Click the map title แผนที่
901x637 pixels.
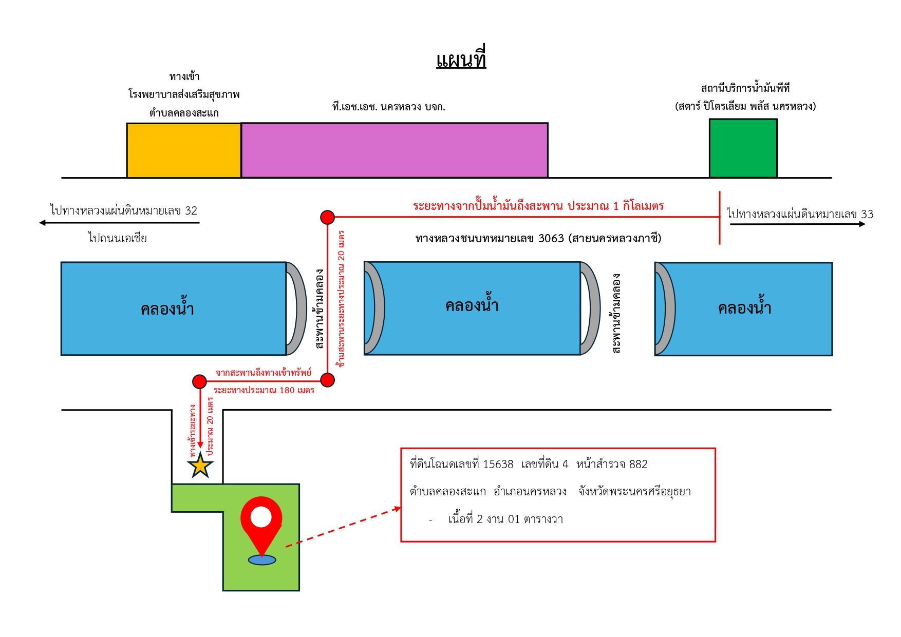(461, 58)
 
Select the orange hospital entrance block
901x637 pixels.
(184, 150)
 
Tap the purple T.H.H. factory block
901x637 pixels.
(395, 150)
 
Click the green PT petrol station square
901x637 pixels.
(743, 148)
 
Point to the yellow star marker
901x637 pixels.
(200, 466)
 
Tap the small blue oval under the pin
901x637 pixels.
(262, 560)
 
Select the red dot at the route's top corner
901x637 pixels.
(327, 217)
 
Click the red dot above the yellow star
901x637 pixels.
(199, 381)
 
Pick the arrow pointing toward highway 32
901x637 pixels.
(119, 223)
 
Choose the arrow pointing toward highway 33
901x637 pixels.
(798, 224)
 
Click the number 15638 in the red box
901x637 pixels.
(498, 465)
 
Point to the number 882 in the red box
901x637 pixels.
(638, 465)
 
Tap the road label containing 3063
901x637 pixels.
(538, 238)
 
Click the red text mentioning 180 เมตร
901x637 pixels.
(264, 390)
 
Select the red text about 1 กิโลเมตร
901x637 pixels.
(538, 206)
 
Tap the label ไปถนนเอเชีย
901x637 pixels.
(118, 238)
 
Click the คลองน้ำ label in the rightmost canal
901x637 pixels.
(744, 307)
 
